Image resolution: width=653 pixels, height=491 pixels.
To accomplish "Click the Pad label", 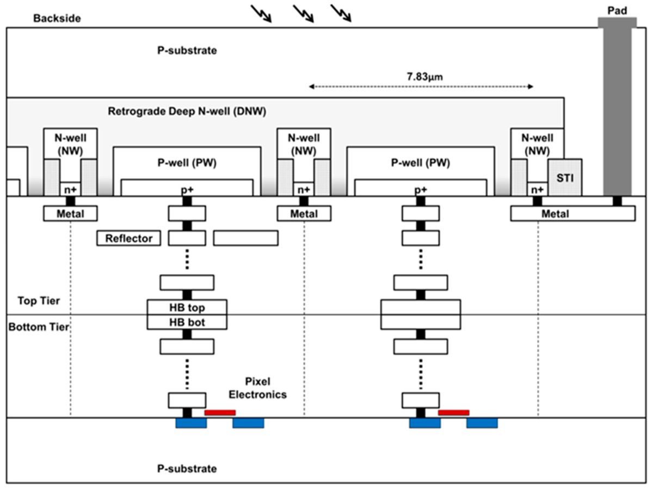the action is pos(617,11).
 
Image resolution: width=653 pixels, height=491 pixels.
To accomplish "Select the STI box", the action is pos(565,177).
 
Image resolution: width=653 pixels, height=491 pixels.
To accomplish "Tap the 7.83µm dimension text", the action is pos(424,77).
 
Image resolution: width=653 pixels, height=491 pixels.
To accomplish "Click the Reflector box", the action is pos(128,238).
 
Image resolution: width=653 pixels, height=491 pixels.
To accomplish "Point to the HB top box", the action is pos(187,307).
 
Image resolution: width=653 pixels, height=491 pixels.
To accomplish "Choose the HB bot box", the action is pos(187,322).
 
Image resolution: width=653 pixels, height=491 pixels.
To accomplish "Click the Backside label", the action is pos(57,19).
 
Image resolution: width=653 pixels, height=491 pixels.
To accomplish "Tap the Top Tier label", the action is pos(39,300).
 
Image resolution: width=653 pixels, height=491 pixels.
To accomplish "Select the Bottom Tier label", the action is pos(39,327).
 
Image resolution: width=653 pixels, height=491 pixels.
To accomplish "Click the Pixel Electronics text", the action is pos(257,388).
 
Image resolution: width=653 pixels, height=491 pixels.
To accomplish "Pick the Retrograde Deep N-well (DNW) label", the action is pos(187,111).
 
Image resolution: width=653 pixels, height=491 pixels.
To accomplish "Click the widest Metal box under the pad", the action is pos(573,214).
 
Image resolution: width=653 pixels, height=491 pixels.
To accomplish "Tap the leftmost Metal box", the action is pos(70,214).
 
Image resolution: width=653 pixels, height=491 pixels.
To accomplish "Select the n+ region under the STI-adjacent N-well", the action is pos(537,189).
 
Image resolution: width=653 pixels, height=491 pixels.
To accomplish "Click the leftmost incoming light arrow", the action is pos(261,14).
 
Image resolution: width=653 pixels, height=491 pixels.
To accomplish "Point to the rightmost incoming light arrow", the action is pos(341,14).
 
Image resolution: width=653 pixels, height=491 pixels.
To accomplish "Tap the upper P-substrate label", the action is pos(187,51).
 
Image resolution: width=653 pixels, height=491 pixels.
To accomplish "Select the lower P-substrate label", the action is pos(187,469).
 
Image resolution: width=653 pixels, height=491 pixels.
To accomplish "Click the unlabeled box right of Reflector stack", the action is pos(246,238).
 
